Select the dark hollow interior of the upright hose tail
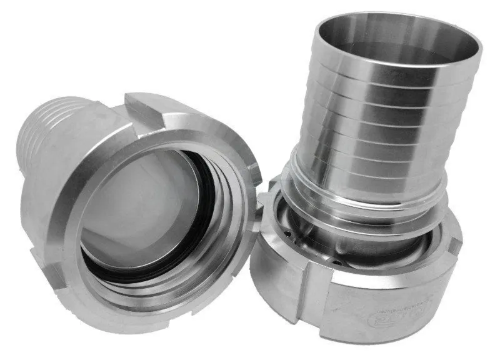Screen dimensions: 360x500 coord(400,44)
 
